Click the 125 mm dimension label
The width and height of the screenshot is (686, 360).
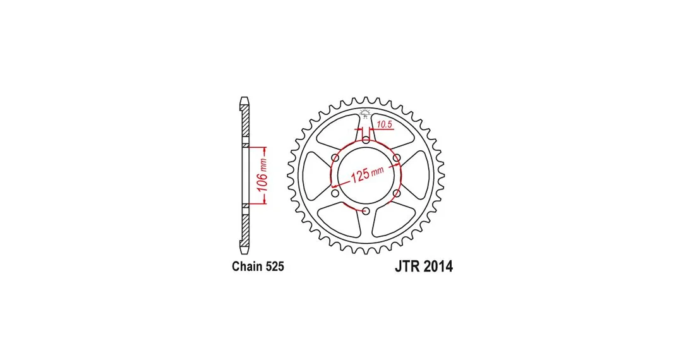(367, 174)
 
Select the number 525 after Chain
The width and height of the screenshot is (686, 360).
(275, 267)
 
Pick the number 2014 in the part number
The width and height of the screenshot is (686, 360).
(438, 267)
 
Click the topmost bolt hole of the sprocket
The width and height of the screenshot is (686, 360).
(366, 140)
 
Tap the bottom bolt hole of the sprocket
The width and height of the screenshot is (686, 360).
(366, 212)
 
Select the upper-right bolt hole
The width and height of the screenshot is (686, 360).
(397, 157)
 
